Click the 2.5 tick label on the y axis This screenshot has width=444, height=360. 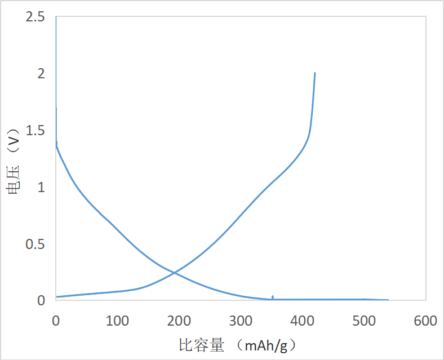[x=35, y=17]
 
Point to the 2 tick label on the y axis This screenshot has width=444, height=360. [x=41, y=74]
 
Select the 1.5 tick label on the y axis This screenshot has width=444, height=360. [x=35, y=131]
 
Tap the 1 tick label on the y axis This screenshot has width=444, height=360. [x=41, y=188]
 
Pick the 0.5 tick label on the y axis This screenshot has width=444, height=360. [x=35, y=244]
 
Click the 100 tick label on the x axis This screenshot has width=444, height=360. [x=117, y=321]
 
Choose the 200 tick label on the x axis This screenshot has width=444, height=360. [x=179, y=321]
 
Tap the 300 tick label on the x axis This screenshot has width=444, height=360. [x=241, y=321]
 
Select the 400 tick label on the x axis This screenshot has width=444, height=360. [x=302, y=321]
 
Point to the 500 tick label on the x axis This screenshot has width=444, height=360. [x=363, y=321]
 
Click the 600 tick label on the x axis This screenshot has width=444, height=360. [x=425, y=321]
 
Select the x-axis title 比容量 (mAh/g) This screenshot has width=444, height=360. [x=237, y=344]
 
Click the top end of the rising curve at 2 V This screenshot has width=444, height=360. [x=314, y=73]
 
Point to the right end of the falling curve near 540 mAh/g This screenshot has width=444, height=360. [x=388, y=300]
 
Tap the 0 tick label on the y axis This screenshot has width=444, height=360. [x=41, y=300]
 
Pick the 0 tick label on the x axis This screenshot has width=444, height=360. [x=56, y=321]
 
